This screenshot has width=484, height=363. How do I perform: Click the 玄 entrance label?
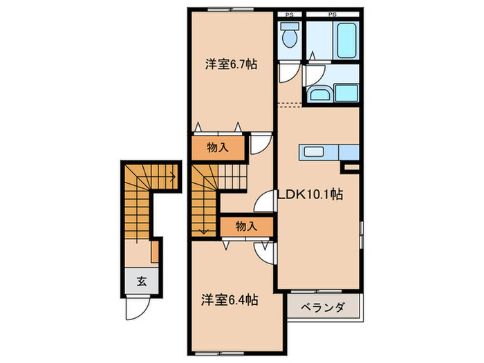click(x=141, y=281)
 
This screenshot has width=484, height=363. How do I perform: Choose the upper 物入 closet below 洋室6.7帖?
click(x=218, y=148)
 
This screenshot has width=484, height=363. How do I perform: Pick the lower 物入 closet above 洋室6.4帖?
click(x=246, y=225)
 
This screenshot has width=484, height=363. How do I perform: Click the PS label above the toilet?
click(x=290, y=14)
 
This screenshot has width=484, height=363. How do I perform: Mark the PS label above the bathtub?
click(x=333, y=14)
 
